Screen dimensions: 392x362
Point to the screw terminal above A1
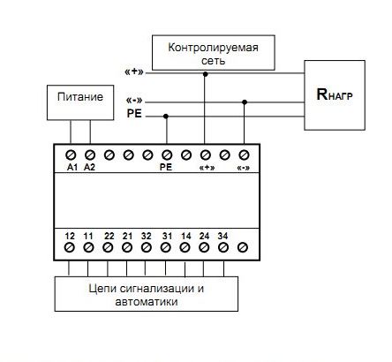[71, 155]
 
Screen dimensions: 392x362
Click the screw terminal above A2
[90, 155]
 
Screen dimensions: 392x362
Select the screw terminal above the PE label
[167, 155]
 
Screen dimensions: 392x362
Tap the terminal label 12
[70, 236]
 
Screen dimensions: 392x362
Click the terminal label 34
[222, 236]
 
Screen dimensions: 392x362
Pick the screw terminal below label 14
[185, 247]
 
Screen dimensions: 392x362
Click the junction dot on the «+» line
[206, 74]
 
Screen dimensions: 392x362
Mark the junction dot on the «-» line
[245, 102]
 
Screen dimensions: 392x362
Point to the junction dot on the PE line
[166, 117]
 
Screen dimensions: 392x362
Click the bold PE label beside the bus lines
[134, 114]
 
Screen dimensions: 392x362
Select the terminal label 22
[109, 236]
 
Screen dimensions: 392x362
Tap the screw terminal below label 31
[166, 247]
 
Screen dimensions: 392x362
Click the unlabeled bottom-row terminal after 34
[243, 247]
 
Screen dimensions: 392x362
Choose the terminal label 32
[147, 236]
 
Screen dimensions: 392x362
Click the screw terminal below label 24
[204, 247]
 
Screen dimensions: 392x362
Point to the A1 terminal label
[72, 167]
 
